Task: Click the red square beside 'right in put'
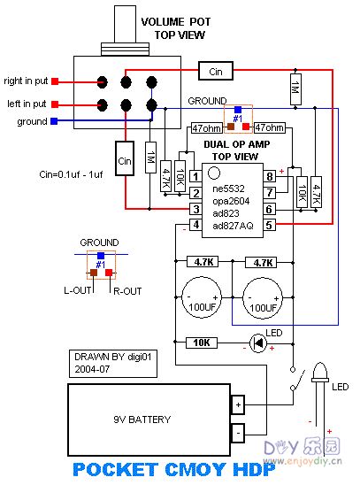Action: (55, 80)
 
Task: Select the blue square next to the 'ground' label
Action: (55, 121)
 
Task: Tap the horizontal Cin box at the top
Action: (215, 71)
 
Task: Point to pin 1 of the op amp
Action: (195, 177)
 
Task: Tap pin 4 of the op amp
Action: (195, 225)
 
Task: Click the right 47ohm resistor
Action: (269, 127)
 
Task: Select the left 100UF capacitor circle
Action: (202, 296)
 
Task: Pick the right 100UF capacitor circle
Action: (263, 296)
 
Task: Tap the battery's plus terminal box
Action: (238, 407)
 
